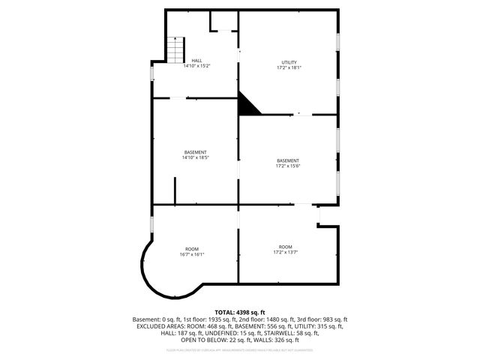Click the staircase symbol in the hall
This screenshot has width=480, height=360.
point(175,51)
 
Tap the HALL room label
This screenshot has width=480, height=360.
point(196,61)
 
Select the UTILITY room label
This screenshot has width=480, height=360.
point(289,62)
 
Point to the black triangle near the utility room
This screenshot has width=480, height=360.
point(247,106)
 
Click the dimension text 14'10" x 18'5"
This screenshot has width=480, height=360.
point(195,158)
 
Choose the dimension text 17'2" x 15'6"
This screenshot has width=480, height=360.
point(287,166)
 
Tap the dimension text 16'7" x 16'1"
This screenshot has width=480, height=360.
point(192,255)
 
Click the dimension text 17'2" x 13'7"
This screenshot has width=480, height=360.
point(285,253)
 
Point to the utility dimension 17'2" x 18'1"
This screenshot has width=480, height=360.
point(289,68)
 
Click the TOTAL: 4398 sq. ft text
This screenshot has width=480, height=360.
point(240,312)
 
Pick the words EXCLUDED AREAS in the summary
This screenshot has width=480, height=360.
point(160,326)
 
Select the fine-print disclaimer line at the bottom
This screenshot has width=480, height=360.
point(240,350)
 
